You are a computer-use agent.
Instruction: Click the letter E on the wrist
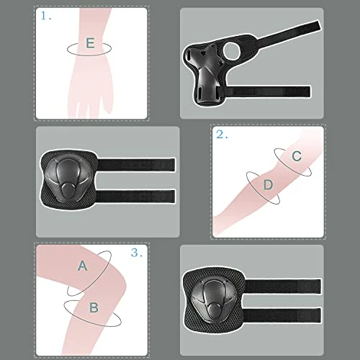pyautogui.click(x=90, y=43)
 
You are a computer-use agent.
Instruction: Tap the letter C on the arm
pyautogui.click(x=297, y=156)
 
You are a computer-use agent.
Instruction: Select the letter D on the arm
pyautogui.click(x=268, y=185)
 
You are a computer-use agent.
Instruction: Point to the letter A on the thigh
pyautogui.click(x=83, y=266)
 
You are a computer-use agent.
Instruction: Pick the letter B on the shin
pyautogui.click(x=94, y=307)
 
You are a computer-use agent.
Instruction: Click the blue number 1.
pyautogui.click(x=46, y=16)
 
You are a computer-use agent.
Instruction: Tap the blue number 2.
pyautogui.click(x=222, y=135)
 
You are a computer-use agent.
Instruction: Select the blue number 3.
pyautogui.click(x=137, y=253)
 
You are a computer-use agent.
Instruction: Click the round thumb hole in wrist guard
pyautogui.click(x=232, y=50)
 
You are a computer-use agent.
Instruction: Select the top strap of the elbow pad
pyautogui.click(x=136, y=165)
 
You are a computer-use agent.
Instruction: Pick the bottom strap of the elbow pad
pyautogui.click(x=135, y=196)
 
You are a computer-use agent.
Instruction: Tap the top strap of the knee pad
pyautogui.click(x=283, y=287)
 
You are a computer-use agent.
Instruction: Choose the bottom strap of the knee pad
pyautogui.click(x=282, y=315)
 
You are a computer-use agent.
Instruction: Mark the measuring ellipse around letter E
pyautogui.click(x=89, y=55)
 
